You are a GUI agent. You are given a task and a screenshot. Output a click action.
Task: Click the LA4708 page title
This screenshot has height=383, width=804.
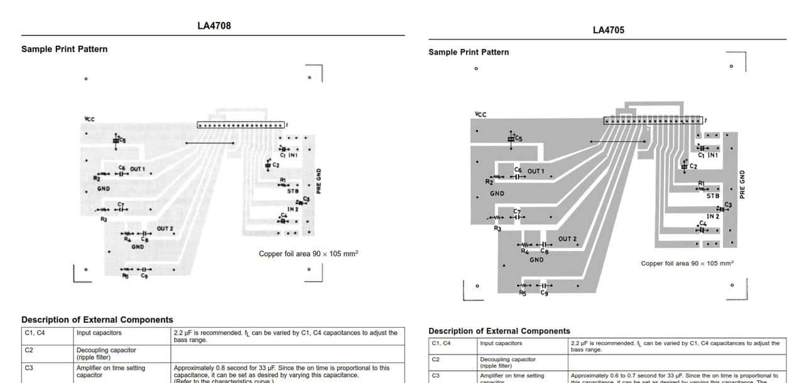click(x=214, y=26)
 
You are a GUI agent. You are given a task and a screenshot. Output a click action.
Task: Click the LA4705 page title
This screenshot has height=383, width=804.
click(x=608, y=30)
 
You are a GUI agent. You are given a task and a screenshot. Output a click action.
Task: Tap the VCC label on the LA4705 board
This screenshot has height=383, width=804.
click(x=481, y=114)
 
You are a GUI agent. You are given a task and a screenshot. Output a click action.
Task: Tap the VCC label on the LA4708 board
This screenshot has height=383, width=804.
click(x=90, y=119)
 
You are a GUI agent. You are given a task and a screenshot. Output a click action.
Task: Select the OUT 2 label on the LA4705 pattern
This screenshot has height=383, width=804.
click(x=567, y=239)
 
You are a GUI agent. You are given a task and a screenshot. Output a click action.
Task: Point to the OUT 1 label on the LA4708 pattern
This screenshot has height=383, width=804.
click(x=138, y=169)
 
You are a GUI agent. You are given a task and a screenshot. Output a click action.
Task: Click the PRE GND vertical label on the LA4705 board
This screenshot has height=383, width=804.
click(x=742, y=185)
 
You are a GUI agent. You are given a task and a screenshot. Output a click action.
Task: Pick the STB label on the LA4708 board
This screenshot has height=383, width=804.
click(x=293, y=191)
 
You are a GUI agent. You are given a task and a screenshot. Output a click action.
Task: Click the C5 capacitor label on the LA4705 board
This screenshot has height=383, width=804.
click(x=518, y=139)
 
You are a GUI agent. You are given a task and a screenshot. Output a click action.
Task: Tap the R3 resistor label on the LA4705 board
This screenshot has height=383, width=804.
click(x=497, y=229)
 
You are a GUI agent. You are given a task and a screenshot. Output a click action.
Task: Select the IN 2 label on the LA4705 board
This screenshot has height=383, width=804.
click(x=713, y=217)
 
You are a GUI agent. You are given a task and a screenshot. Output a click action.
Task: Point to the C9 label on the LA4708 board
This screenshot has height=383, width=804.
click(x=144, y=276)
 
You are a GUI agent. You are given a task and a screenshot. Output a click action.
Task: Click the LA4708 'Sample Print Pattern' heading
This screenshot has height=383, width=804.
click(x=64, y=49)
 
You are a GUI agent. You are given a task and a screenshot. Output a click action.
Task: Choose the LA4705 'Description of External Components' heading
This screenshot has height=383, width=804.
click(x=499, y=331)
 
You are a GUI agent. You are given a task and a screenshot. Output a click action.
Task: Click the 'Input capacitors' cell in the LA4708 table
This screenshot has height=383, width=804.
click(x=99, y=333)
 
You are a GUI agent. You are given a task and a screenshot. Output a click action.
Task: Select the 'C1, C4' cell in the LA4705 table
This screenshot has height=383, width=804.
click(x=441, y=343)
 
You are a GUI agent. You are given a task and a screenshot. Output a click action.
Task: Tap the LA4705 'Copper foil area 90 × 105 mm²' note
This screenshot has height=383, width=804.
click(x=687, y=264)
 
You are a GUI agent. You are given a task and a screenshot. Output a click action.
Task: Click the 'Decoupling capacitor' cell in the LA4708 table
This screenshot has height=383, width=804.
click(x=106, y=350)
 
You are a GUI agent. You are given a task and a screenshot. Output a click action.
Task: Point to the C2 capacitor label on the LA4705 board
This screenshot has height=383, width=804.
click(x=693, y=166)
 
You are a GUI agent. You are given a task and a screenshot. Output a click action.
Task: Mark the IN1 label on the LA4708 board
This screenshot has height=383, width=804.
click(x=293, y=154)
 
